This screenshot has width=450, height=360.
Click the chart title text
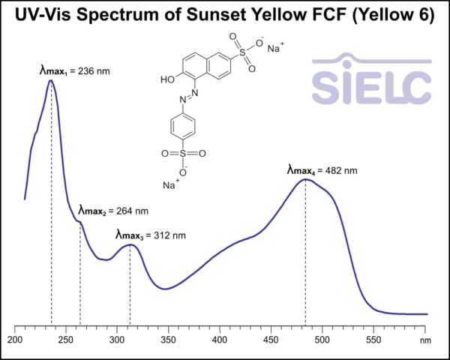click(x=225, y=16)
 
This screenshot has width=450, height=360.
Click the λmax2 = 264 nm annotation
click(x=113, y=210)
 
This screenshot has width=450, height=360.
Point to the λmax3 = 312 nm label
click(x=150, y=235)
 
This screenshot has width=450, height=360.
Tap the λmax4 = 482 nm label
click(x=322, y=170)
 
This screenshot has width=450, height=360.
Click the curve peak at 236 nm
click(x=51, y=80)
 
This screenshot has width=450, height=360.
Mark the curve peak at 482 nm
click(x=305, y=179)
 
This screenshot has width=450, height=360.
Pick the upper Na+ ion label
click(x=275, y=49)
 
